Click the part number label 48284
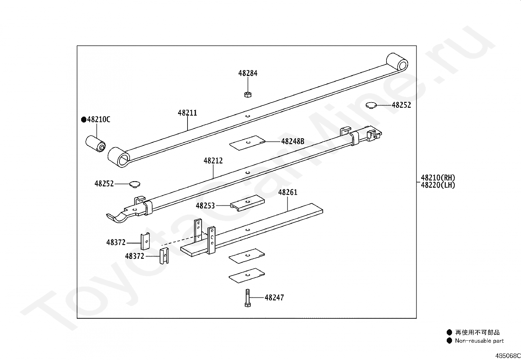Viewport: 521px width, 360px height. (x=248, y=73)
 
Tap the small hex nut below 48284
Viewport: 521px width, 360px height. (x=248, y=95)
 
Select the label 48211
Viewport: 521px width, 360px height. (x=188, y=113)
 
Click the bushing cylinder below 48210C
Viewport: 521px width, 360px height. (x=95, y=144)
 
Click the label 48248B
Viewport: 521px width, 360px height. (x=293, y=142)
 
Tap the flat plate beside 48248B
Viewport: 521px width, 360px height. (x=247, y=143)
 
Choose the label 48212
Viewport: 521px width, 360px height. (x=213, y=161)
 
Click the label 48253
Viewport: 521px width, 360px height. (x=205, y=206)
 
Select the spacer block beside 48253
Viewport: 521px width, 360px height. (x=247, y=203)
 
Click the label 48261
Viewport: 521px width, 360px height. (x=288, y=192)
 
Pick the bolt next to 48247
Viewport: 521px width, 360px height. (x=247, y=297)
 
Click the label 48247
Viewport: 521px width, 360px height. (x=274, y=298)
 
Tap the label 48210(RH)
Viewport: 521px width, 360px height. (x=438, y=178)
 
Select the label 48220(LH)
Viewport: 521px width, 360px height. (x=438, y=185)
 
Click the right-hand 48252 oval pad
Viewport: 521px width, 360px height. (x=371, y=105)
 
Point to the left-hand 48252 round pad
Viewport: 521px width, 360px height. (x=134, y=184)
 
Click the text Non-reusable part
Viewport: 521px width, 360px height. (x=479, y=341)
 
